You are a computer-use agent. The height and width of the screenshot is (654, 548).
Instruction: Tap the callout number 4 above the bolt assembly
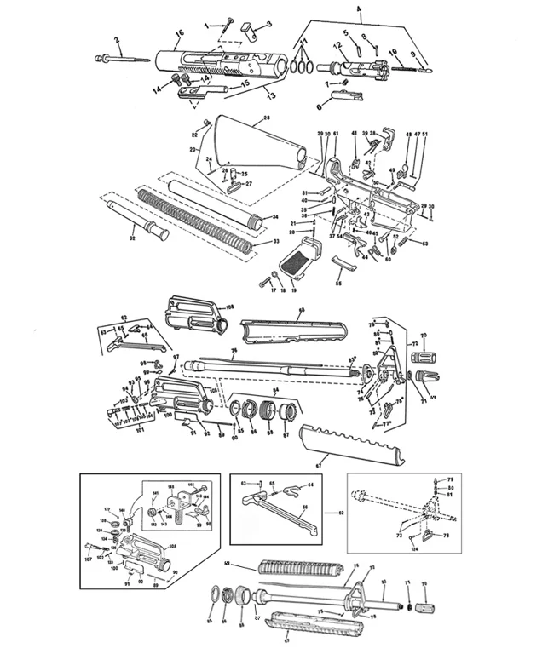[x=359, y=14]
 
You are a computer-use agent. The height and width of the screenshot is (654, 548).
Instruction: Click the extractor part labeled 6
[x=344, y=100]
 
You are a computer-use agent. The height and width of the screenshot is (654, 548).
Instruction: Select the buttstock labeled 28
[x=251, y=141]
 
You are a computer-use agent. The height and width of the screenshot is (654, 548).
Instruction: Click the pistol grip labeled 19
[x=303, y=260]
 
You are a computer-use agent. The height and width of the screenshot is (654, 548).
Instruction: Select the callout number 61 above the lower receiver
[x=336, y=135]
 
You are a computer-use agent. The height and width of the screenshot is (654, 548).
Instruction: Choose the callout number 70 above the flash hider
[x=424, y=336]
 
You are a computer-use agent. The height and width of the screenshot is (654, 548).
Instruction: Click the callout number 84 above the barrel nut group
[x=274, y=387]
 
